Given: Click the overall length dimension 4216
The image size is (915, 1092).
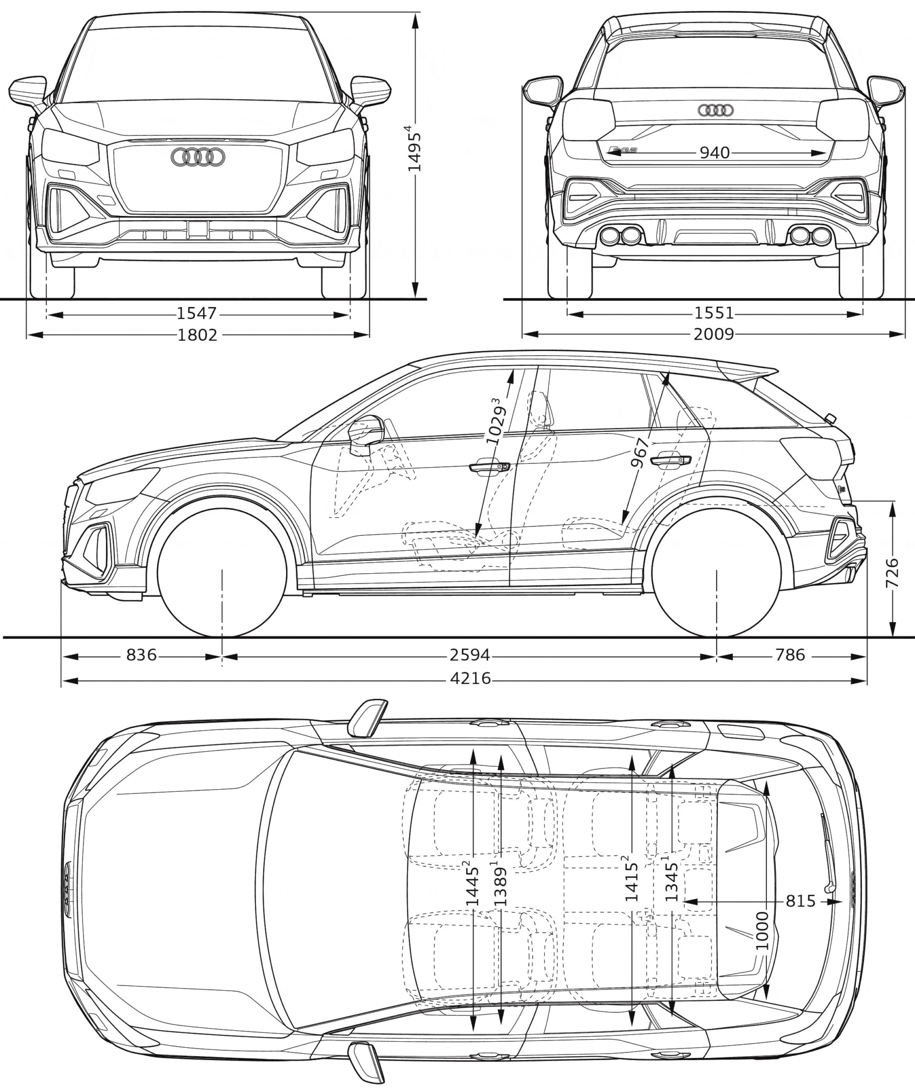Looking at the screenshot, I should pos(470,679).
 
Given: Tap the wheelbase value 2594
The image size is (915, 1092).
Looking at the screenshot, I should pos(469,654).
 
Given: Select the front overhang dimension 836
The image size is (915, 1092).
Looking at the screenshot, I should pos(142,654).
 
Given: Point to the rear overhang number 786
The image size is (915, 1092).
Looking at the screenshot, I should pos(790,654).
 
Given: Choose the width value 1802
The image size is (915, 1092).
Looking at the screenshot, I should pos(197,334).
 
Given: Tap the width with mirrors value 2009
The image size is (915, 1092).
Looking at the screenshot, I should pos(714,334).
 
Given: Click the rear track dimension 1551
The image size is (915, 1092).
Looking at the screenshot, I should pos(714,314).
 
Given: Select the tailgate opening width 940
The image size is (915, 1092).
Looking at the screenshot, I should pos(714,153).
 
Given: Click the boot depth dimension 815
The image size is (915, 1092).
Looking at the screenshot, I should pos(800,901).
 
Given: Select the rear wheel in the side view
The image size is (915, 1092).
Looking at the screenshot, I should pos(717,572).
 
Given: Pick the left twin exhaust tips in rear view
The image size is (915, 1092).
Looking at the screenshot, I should pos(620,235).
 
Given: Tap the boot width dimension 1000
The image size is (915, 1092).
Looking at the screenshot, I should pos(762,930).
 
